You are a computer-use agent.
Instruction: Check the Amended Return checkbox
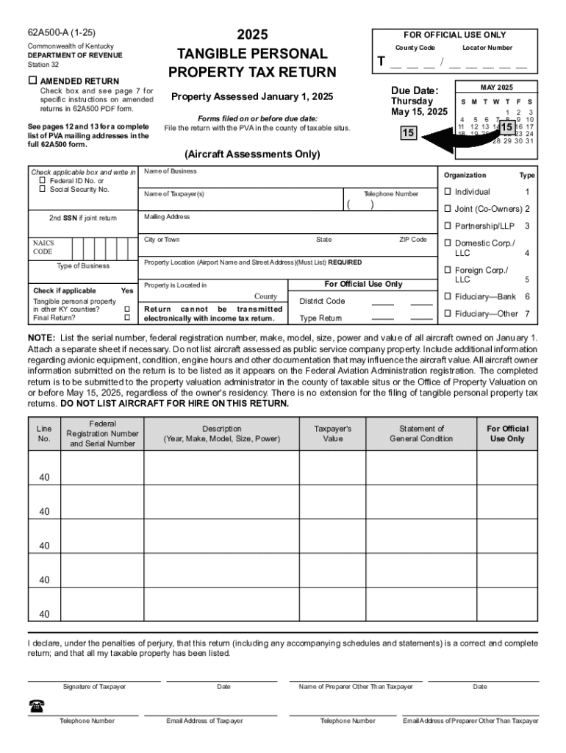[x=32, y=80]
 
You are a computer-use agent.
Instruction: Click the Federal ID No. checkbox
[x=43, y=181]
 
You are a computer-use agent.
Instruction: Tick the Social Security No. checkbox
[x=43, y=190]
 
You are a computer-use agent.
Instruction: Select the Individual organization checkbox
[x=447, y=192]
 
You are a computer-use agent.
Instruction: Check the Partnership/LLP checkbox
[x=447, y=226]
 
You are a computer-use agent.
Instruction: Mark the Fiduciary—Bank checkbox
[x=447, y=296]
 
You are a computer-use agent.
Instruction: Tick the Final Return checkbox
[x=127, y=318]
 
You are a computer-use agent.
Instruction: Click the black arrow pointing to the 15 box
[x=448, y=138]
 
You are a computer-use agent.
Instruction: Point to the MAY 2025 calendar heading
[x=496, y=87]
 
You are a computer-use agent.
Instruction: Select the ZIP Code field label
[x=413, y=240]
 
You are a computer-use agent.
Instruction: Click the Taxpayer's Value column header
[x=332, y=434]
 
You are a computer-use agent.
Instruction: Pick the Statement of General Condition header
[x=421, y=434]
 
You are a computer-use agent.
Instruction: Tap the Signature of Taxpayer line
[x=94, y=679]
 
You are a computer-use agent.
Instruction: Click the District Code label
[x=322, y=301]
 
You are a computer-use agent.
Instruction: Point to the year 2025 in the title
[x=252, y=35]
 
